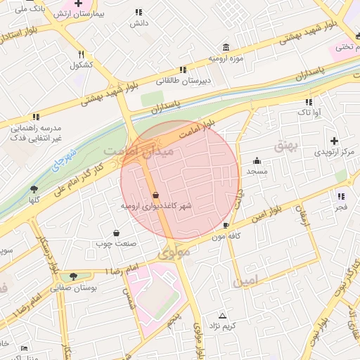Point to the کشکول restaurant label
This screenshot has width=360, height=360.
pos(82,65)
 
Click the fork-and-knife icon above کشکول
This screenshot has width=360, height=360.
pos(82,54)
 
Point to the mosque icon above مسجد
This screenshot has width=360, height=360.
pos(257,160)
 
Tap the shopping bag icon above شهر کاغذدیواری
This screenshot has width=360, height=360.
pos(155,195)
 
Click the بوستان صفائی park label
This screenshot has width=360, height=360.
pos(75,288)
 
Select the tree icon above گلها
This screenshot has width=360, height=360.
pos(34,188)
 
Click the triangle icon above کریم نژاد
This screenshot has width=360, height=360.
pos(223,316)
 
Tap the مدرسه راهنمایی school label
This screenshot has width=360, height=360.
pos(35,131)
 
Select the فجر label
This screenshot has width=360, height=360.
pos(341,207)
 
